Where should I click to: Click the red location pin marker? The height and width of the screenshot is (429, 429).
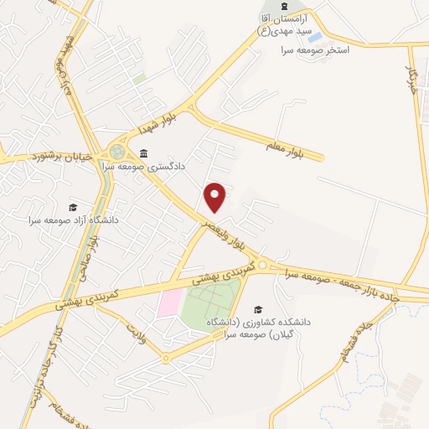(x=215, y=198)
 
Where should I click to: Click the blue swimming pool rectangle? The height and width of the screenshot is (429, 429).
(x=314, y=37)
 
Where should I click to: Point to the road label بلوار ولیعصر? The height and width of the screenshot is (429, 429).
(x=228, y=232)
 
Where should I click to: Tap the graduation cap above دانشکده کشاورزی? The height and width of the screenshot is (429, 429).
(x=257, y=309)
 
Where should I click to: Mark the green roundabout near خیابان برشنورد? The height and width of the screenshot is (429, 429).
(x=116, y=152)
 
